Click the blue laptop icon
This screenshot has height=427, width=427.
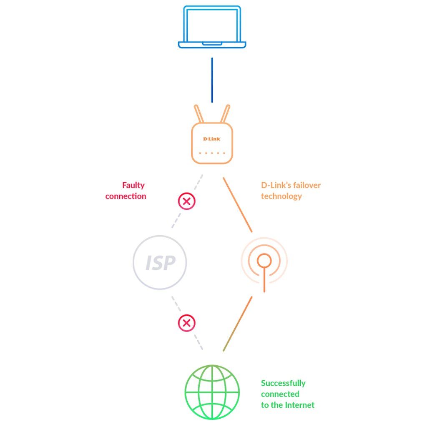pyautogui.click(x=212, y=28)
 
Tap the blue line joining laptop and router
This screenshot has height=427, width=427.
pyautogui.click(x=212, y=80)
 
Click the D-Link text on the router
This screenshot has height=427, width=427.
pyautogui.click(x=212, y=139)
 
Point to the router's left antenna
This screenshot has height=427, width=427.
pyautogui.click(x=199, y=113)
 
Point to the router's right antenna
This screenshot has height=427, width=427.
pyautogui.click(x=225, y=113)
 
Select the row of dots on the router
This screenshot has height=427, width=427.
pyautogui.click(x=212, y=153)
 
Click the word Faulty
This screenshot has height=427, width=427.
pyautogui.click(x=133, y=185)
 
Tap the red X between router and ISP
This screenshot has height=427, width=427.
pyautogui.click(x=186, y=202)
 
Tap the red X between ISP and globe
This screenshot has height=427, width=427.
pyautogui.click(x=186, y=323)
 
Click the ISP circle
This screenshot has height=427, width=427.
pyautogui.click(x=160, y=263)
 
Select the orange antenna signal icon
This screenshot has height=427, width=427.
pyautogui.click(x=264, y=262)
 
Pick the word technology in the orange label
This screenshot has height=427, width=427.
pyautogui.click(x=281, y=196)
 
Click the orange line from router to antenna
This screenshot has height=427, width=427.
pyautogui.click(x=238, y=204)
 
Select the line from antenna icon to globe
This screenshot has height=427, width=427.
pyautogui.click(x=238, y=324)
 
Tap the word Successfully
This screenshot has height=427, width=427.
pyautogui.click(x=283, y=383)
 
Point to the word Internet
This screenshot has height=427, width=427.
pyautogui.click(x=300, y=405)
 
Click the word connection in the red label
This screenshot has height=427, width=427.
pyautogui.click(x=126, y=196)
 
